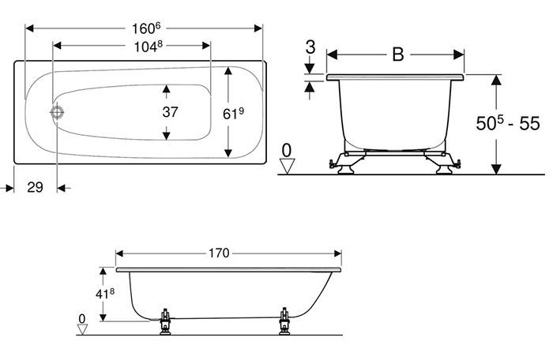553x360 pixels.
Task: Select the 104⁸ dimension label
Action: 148,47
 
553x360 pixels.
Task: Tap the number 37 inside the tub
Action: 170,112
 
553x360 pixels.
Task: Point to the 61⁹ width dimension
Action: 234,114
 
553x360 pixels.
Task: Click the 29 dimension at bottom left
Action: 36,187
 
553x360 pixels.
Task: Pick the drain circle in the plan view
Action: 57,112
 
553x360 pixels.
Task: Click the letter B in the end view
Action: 398,54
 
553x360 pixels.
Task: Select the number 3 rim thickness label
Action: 310,47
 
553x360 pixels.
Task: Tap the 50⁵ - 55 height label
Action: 508,123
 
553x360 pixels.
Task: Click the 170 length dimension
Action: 219,253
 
